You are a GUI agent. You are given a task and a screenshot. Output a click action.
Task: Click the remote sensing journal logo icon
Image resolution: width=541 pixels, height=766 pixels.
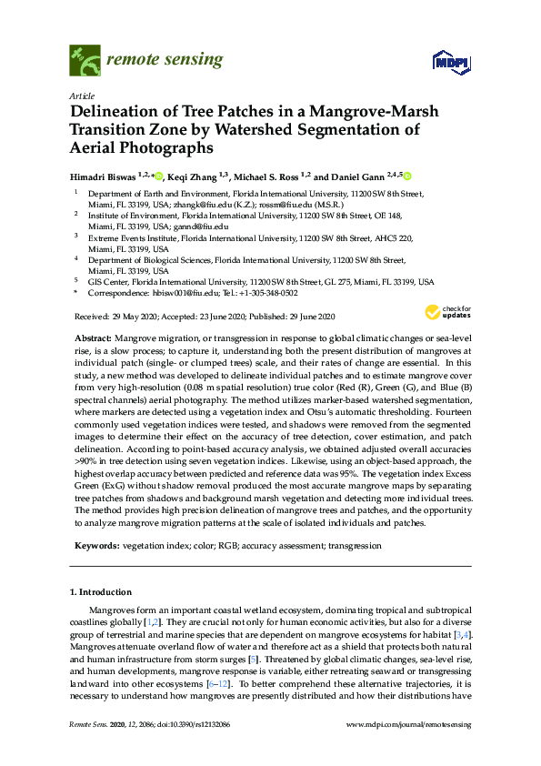click(x=85, y=61)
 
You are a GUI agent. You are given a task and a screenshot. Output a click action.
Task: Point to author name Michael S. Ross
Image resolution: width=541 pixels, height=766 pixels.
click(x=268, y=176)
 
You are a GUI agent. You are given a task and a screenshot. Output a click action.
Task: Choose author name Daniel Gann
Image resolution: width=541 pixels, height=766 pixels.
click(x=358, y=176)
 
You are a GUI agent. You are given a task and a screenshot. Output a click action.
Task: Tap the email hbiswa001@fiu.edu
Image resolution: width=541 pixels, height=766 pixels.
click(x=185, y=294)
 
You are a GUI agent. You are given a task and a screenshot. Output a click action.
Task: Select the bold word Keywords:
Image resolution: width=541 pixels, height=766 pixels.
click(x=96, y=545)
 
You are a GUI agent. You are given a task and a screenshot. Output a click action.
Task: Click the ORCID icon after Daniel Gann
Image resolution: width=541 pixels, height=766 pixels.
click(x=406, y=176)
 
